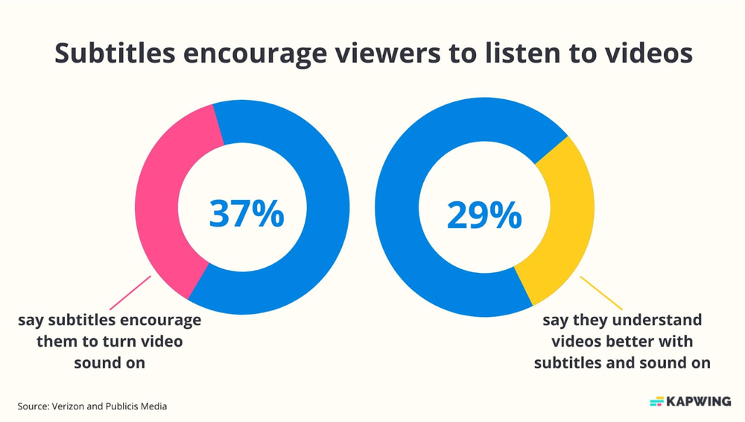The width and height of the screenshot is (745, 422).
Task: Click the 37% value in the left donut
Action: click(247, 214)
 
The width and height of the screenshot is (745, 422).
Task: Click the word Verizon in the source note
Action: click(70, 406)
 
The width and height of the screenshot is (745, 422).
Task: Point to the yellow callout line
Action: click(600, 292)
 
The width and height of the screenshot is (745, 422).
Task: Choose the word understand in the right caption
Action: click(656, 321)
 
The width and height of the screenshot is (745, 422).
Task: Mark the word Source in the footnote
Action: click(33, 406)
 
